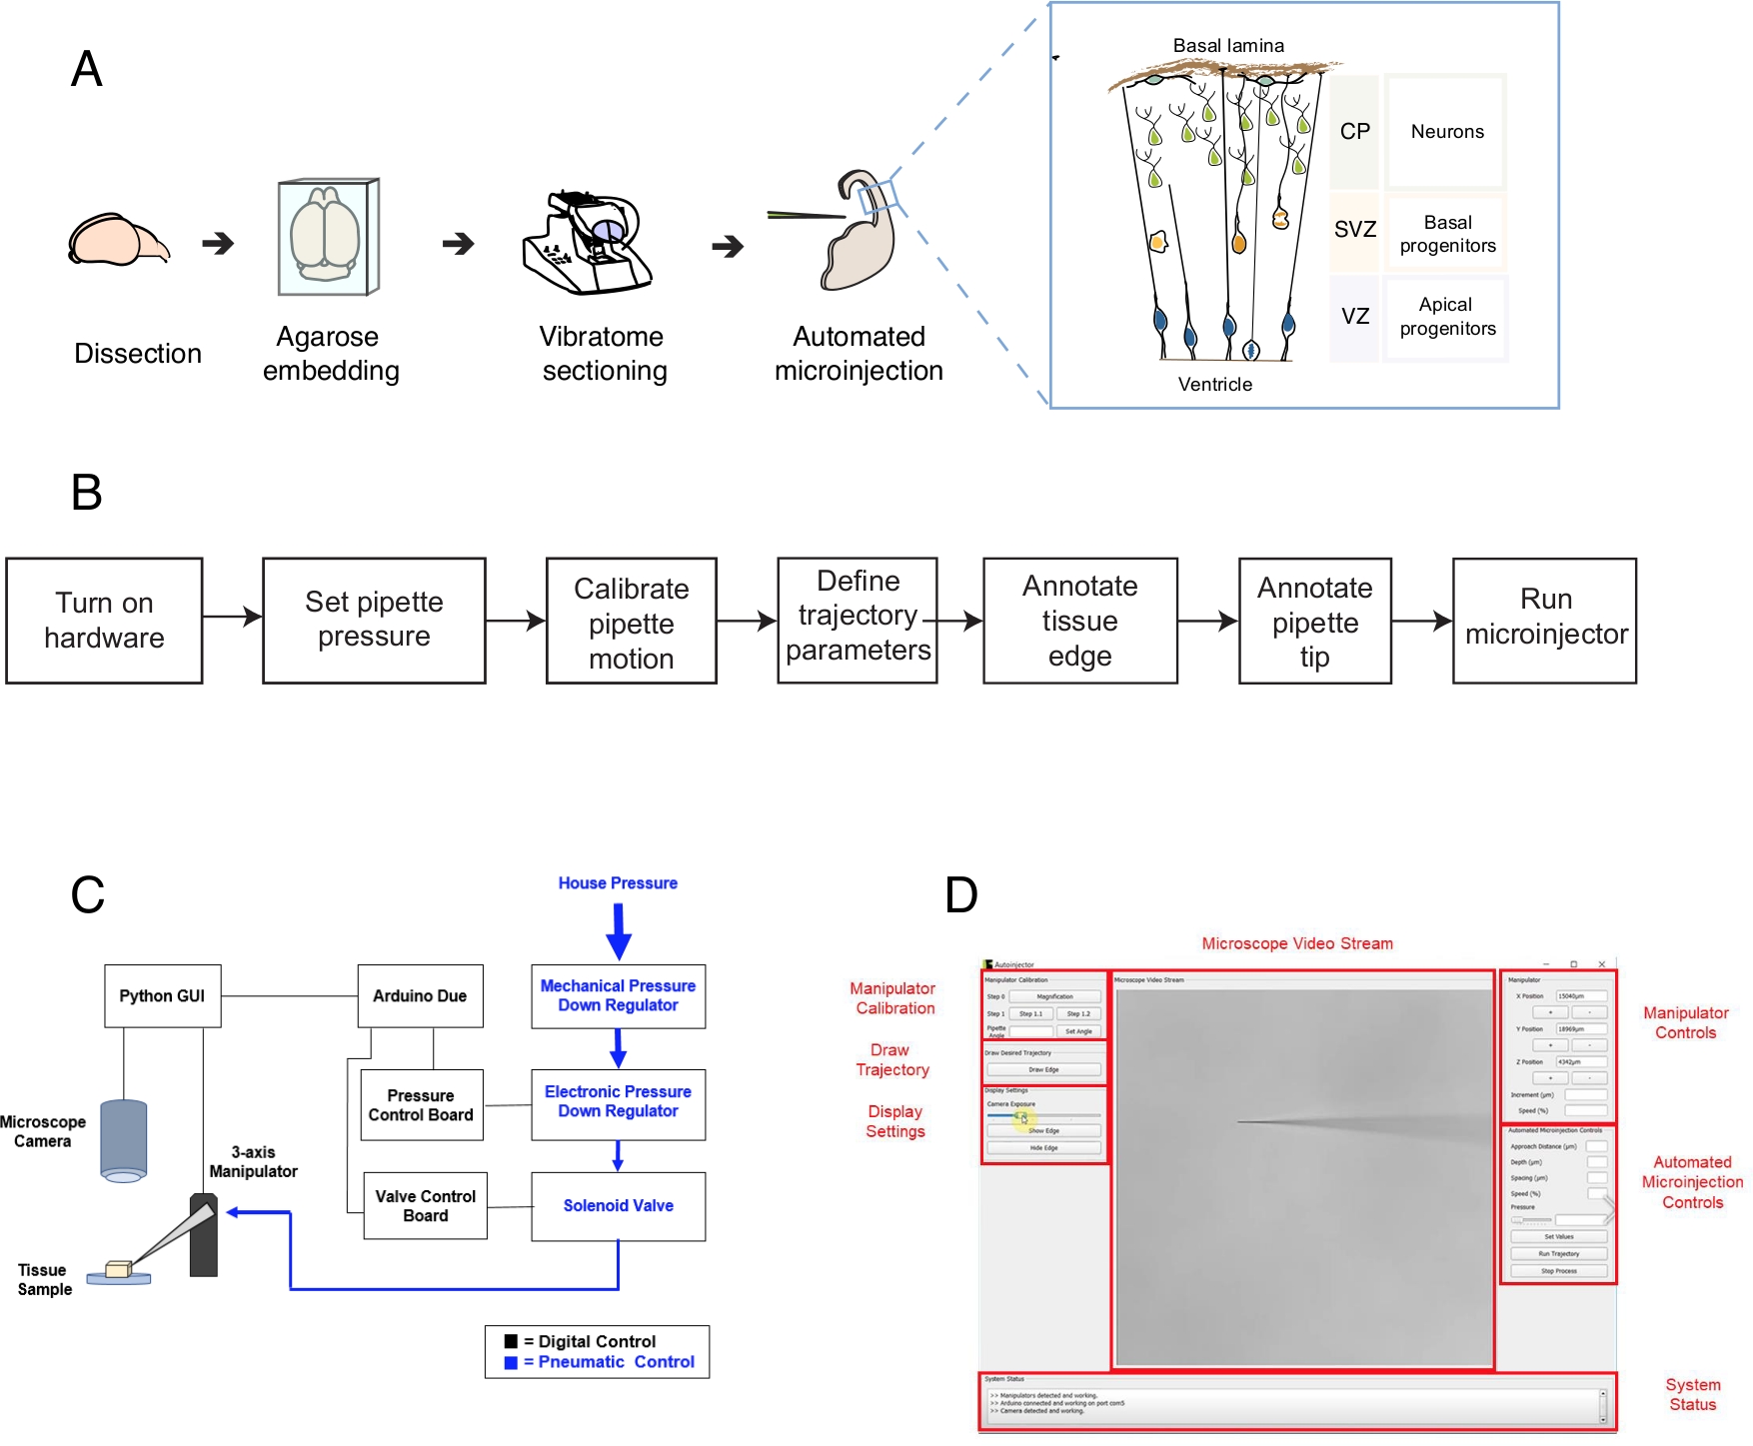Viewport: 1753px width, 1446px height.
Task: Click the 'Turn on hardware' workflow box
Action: [104, 621]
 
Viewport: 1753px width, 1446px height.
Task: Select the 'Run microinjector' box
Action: [1544, 621]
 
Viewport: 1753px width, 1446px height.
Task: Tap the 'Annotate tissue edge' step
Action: [1079, 621]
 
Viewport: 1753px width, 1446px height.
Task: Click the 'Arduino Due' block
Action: [420, 996]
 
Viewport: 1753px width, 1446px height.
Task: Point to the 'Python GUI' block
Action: [162, 996]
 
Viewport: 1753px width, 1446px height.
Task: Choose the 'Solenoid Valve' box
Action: [618, 1206]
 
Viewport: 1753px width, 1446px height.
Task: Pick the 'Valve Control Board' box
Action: [425, 1206]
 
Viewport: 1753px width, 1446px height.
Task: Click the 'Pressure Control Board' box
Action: [421, 1105]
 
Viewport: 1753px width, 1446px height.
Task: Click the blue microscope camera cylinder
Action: [124, 1140]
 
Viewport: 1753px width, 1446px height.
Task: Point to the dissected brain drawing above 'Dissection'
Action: [117, 241]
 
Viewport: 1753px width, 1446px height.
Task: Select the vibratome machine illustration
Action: [587, 243]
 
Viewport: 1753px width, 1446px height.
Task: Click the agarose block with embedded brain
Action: [328, 238]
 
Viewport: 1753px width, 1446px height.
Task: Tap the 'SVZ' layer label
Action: [1354, 230]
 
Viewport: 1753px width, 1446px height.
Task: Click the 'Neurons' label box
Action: [1446, 132]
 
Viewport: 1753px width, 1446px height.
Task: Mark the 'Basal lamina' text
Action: [1228, 46]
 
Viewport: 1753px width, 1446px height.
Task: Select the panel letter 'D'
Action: [960, 895]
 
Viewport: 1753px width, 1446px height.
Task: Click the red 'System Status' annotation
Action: [1692, 1395]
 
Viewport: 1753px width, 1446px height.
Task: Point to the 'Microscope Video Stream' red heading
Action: [1296, 943]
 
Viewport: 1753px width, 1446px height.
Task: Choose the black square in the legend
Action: [511, 1341]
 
